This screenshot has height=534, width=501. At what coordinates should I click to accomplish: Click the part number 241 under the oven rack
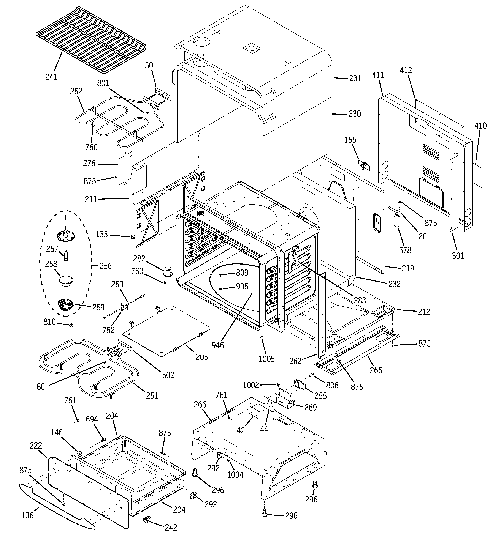coord(51,77)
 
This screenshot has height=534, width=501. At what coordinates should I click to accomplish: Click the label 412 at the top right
coord(406,70)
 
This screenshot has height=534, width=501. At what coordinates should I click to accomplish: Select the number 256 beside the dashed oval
coord(105,266)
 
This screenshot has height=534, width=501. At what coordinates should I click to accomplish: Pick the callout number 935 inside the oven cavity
coord(242,287)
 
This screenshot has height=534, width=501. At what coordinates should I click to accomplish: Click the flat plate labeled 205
coord(167,330)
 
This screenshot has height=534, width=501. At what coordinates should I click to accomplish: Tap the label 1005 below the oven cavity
coord(266,359)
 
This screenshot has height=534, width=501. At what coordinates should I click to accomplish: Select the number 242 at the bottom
coord(171,528)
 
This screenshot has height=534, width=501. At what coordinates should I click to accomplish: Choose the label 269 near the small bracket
coord(310,408)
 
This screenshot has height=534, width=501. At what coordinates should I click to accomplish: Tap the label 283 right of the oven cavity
coord(360,300)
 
